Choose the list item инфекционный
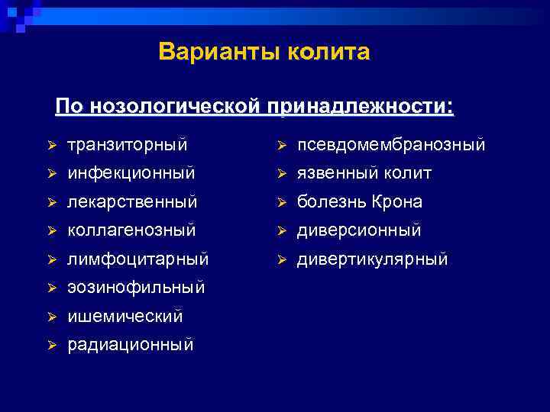pyautogui.click(x=131, y=173)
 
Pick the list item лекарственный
pyautogui.click(x=132, y=202)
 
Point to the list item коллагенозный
pyautogui.click(x=131, y=230)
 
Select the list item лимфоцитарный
pyautogui.click(x=137, y=259)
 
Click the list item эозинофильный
pyautogui.click(x=136, y=288)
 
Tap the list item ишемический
pyautogui.click(x=125, y=315)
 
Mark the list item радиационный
pyautogui.click(x=131, y=345)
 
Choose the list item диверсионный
pyautogui.click(x=359, y=230)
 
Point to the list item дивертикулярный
pyautogui.click(x=372, y=259)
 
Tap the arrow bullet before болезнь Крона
pyautogui.click(x=281, y=202)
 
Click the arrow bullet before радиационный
pyautogui.click(x=52, y=345)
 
